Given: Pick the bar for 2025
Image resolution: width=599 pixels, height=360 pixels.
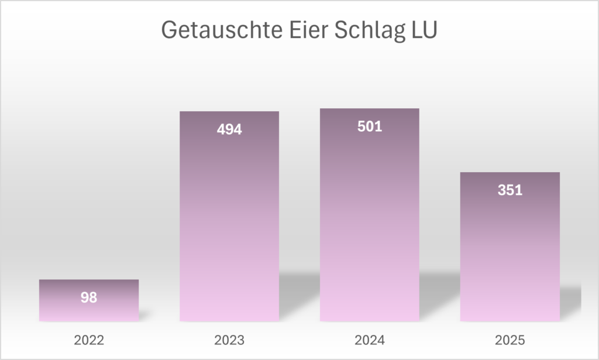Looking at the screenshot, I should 510,258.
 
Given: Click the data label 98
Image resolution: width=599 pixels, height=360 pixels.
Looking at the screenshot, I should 89,297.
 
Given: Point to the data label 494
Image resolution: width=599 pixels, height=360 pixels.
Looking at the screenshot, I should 229,129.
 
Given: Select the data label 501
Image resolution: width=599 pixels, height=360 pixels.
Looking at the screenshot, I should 370,126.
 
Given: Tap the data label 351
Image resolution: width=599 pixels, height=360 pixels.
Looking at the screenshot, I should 510,190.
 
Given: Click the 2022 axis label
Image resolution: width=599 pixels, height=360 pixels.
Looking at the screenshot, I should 89,340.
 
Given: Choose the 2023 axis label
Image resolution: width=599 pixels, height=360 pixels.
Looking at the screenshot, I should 229,340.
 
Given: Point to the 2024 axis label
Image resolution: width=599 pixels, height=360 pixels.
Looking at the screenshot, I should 370,340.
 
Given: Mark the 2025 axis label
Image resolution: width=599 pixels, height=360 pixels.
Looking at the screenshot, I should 510,340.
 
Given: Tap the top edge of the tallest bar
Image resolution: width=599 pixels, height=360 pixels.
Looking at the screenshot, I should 370,109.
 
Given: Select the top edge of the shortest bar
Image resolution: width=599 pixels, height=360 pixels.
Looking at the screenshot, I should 89,280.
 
